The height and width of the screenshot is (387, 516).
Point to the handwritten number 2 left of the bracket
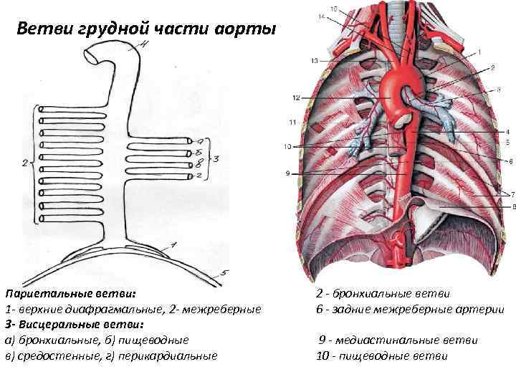[26, 163]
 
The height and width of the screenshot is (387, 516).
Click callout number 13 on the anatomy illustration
[315, 62]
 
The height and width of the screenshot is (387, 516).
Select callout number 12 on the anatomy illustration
[295, 97]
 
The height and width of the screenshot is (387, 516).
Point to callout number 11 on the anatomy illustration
[292, 123]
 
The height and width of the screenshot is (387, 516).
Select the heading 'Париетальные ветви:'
[70, 294]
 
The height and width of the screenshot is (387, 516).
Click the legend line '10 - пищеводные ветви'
[381, 355]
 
